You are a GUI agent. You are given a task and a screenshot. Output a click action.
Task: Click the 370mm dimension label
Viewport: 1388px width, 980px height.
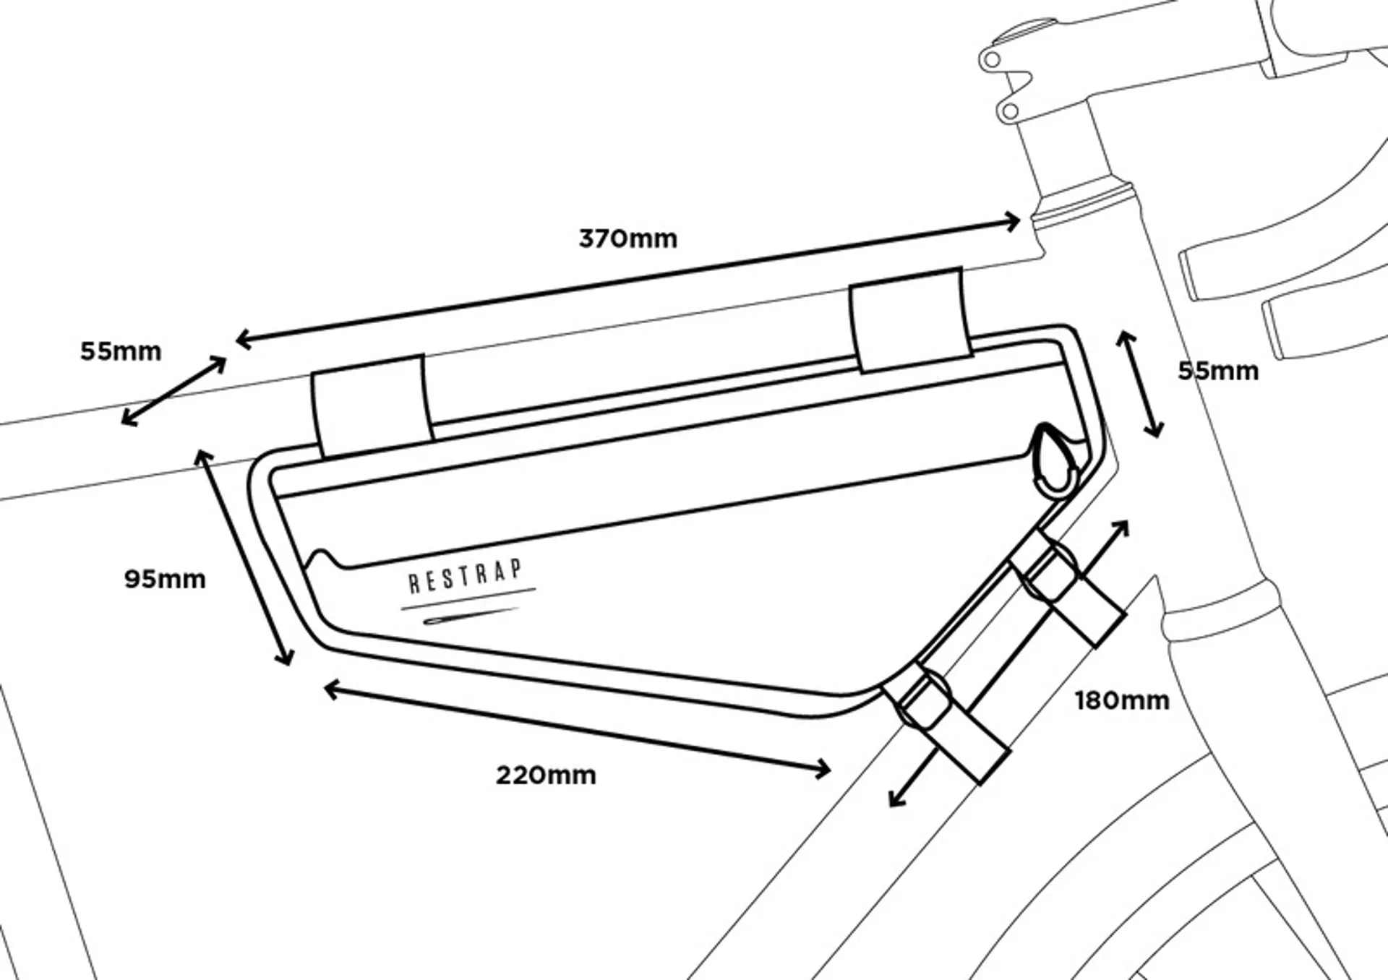[627, 238]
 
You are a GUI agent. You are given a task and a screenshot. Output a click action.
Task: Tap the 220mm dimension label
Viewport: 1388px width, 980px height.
[546, 775]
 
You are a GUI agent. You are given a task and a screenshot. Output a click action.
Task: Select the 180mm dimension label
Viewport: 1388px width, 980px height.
[1121, 700]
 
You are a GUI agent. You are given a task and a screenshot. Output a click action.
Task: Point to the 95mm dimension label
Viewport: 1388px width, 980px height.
[165, 579]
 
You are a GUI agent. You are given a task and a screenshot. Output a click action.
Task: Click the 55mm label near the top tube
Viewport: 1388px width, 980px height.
[121, 351]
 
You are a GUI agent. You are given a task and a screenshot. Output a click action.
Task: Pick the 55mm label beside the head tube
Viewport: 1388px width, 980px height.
[1218, 371]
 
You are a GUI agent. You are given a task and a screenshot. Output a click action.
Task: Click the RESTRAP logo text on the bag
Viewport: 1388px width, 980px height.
[465, 576]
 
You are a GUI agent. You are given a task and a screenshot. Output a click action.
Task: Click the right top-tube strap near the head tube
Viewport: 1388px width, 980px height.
[909, 319]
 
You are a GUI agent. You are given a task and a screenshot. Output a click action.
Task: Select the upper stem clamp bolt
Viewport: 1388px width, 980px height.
[993, 59]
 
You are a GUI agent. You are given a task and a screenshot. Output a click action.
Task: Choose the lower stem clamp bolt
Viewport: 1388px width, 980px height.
[1010, 111]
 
